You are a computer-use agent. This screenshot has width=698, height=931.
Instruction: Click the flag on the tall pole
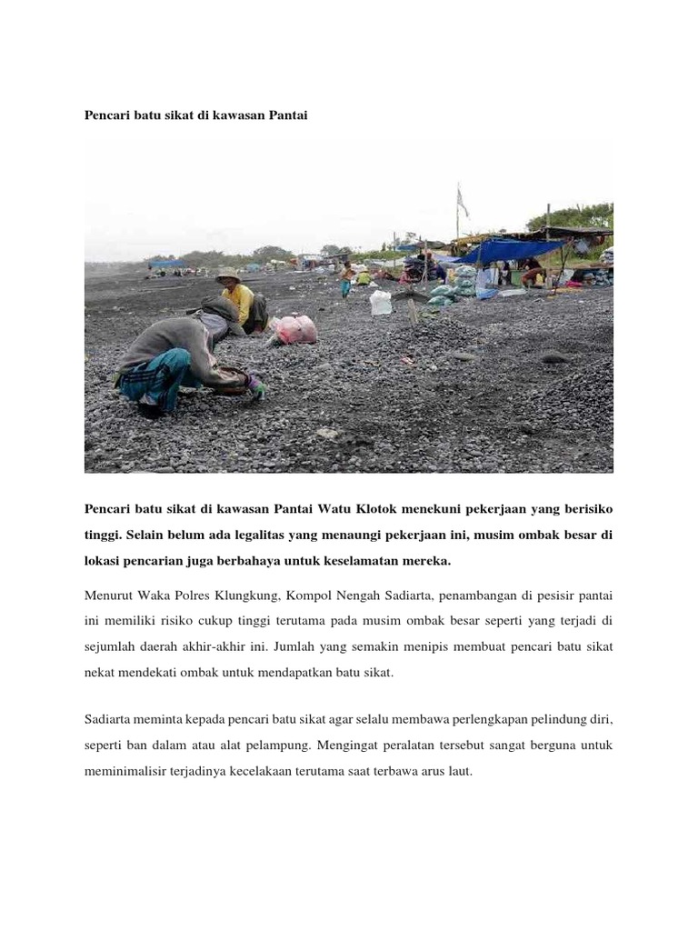coord(463,201)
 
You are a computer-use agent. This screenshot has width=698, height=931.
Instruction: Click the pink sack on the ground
coord(296,329)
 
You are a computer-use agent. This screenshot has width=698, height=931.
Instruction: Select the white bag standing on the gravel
coord(381,303)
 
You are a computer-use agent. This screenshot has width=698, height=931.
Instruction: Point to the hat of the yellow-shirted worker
coord(227,274)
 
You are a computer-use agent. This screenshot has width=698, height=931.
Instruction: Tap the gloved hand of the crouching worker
coord(258,389)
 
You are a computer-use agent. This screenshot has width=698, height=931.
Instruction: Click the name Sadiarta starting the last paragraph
coord(109,719)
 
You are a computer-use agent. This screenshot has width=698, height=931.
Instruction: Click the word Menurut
coord(108,595)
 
